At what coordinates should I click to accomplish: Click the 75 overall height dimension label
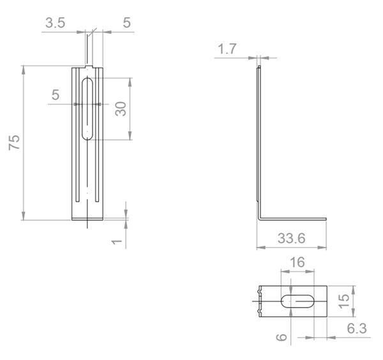(13, 142)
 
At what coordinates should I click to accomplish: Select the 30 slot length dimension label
(120, 109)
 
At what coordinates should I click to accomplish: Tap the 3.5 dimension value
(56, 24)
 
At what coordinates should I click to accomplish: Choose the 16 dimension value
(297, 263)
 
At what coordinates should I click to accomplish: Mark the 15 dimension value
(344, 301)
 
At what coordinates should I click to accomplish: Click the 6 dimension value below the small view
(280, 337)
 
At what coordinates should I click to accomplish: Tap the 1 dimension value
(116, 241)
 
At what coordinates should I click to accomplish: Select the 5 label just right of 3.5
(126, 24)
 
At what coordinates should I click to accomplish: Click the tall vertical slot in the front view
(88, 109)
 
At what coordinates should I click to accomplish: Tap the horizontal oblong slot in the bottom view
(297, 301)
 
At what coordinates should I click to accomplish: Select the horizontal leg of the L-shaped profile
(294, 220)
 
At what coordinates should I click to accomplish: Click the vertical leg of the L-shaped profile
(259, 140)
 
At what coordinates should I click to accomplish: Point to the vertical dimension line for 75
(24, 142)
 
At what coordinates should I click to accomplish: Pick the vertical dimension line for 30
(130, 109)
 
